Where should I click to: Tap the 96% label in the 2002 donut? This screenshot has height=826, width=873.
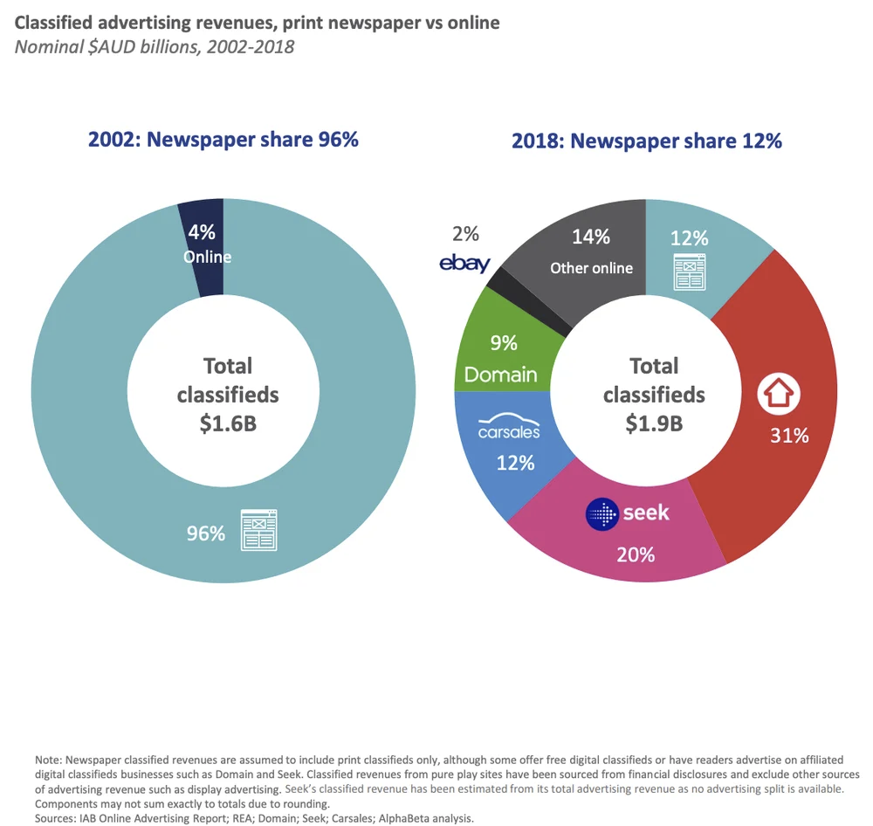206,533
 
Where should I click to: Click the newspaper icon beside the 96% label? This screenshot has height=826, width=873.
259,529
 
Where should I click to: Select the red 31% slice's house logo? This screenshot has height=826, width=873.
778,395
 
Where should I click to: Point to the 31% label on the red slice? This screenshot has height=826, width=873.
789,436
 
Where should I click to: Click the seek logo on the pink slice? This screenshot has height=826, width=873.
628,513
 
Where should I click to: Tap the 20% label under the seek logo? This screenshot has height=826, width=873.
635,554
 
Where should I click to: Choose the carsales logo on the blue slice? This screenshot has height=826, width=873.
509,430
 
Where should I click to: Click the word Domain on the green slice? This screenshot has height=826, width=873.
500,375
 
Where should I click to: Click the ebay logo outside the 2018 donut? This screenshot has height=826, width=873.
465,263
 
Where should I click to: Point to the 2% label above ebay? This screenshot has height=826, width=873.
465,233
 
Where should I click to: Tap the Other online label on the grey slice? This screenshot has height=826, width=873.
591,268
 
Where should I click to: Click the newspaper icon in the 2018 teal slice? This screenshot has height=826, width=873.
689,271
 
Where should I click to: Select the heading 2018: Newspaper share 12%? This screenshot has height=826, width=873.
646,140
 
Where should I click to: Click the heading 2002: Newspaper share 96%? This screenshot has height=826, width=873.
223,139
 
